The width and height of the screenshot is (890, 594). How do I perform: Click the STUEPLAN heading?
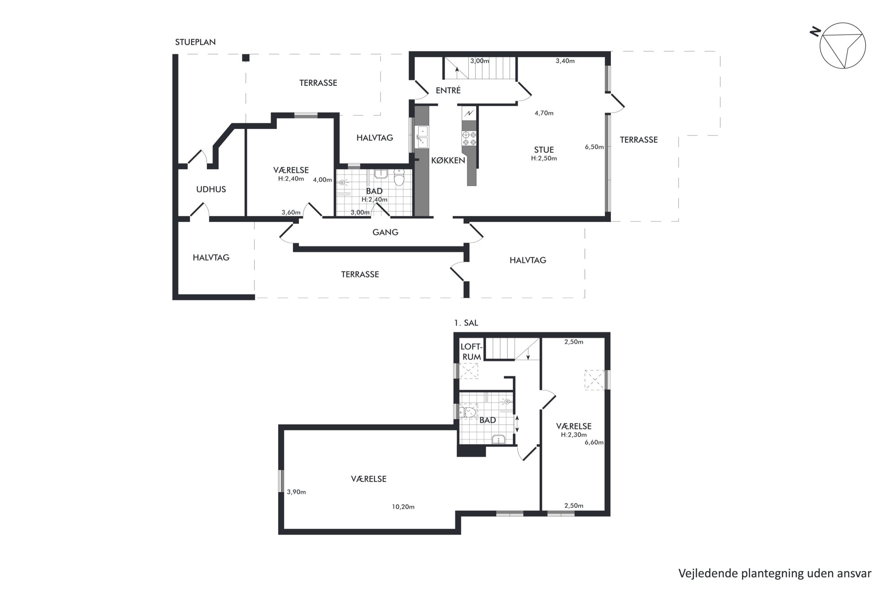195,42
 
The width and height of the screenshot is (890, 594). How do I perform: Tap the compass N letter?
815,31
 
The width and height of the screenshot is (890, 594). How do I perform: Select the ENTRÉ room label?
448,91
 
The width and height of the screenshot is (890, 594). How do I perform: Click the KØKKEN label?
448,160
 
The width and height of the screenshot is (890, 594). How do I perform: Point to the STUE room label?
544,150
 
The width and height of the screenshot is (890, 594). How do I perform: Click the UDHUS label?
211,189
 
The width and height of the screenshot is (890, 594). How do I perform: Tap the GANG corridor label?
385,232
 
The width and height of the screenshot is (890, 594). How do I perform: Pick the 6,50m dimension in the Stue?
594,147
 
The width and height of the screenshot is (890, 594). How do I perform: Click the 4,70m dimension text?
544,113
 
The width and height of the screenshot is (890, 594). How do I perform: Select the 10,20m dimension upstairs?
403,507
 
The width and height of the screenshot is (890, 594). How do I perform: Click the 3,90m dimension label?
296,492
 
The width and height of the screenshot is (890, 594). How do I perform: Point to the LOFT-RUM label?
471,352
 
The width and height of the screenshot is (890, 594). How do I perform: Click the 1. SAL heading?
466,323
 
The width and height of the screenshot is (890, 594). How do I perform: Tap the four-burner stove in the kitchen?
469,138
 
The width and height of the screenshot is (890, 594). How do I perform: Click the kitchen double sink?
422,137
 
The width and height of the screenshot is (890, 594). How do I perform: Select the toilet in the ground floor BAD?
398,178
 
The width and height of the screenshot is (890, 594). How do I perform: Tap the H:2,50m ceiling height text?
544,158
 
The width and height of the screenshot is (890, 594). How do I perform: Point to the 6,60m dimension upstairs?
594,443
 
